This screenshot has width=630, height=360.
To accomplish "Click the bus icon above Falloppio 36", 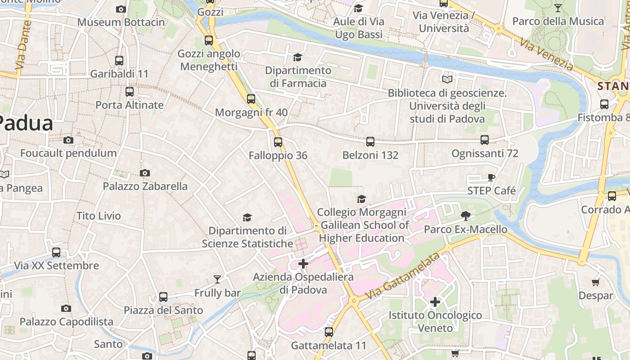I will [x=278, y=142].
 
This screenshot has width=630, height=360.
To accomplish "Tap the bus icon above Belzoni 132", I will [x=370, y=142].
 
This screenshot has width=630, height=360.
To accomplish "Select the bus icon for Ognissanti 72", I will [x=485, y=140].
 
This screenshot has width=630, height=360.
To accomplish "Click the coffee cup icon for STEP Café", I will [x=491, y=178].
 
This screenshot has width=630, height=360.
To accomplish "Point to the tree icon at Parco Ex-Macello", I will [x=466, y=216].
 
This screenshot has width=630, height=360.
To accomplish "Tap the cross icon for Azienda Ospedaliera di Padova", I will [x=303, y=264].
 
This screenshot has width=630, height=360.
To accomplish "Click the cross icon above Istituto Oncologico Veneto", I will [x=435, y=302].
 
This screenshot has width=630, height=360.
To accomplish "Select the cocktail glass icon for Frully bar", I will [x=217, y=279].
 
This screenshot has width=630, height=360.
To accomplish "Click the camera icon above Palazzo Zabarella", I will [x=144, y=173].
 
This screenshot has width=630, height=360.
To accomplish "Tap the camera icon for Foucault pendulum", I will [x=68, y=140].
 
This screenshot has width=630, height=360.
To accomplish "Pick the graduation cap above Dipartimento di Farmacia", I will [x=297, y=57].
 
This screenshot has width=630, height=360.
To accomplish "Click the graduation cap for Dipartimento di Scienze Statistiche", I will [x=247, y=218].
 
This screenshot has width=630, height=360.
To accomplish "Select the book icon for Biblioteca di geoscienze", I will [x=447, y=80].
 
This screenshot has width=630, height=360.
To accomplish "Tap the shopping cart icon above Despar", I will [x=596, y=283].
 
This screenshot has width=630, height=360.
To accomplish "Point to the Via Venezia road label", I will [x=546, y=54].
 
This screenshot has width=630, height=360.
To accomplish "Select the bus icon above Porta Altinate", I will [x=130, y=92].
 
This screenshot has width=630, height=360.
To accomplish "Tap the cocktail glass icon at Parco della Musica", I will [x=558, y=8].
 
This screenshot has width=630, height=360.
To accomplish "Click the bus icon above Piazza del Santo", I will [x=163, y=297].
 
